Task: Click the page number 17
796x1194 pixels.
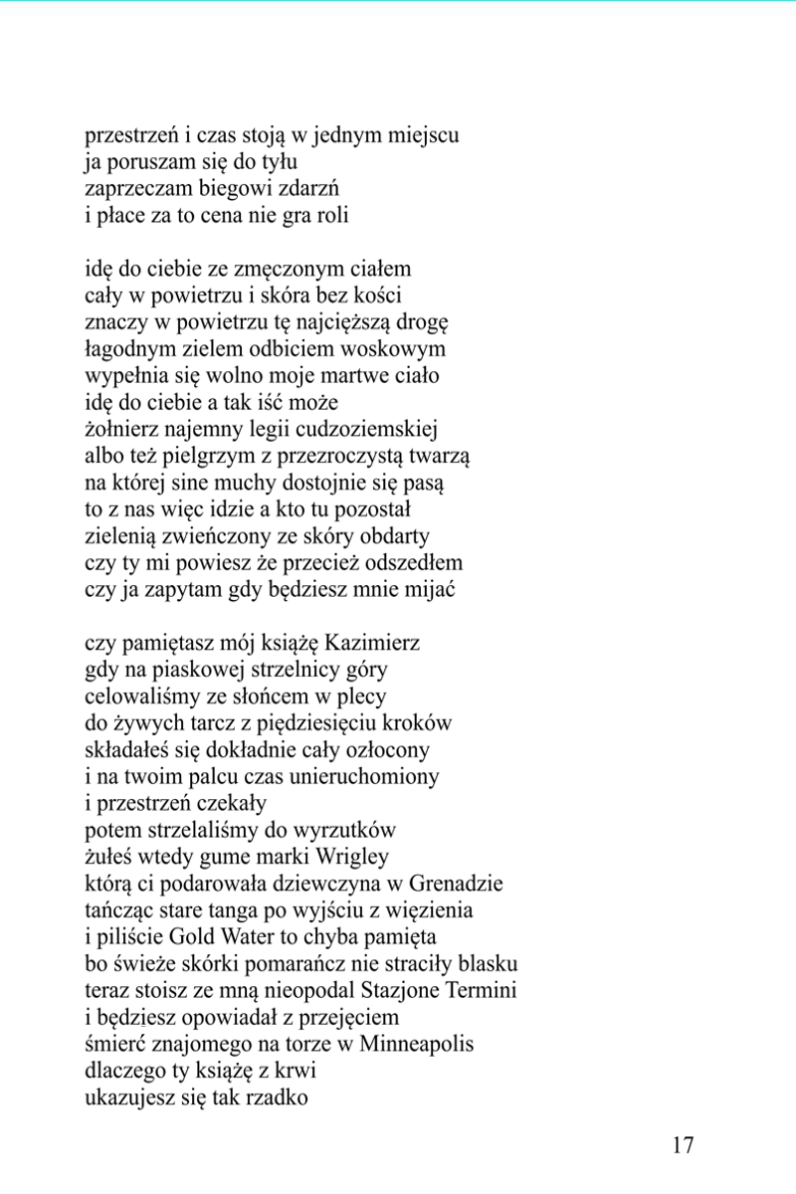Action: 683,1145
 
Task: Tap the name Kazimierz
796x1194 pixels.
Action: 372,642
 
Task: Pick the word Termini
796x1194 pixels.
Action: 472,991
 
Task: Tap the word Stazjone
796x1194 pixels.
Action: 382,991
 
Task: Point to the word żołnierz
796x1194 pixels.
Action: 121,430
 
